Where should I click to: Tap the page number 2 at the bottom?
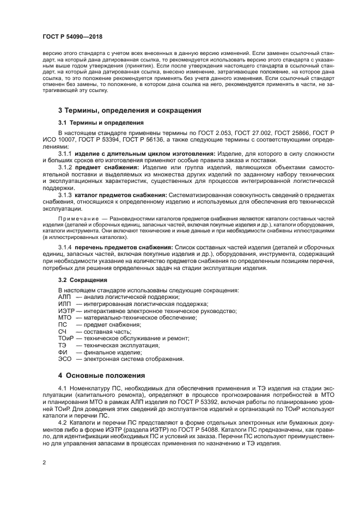pyautogui.click(x=44, y=462)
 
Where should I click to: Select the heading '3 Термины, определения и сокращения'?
pyautogui.click(x=129, y=110)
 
